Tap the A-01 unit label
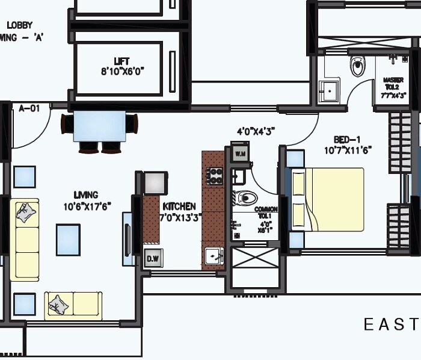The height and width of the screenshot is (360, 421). (29, 108)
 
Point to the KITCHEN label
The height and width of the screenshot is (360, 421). (179, 206)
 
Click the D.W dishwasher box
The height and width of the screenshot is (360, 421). (152, 258)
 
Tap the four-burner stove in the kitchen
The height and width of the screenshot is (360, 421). (215, 176)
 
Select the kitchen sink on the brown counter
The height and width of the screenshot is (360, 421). (213, 256)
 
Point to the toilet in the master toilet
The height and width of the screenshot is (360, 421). (358, 67)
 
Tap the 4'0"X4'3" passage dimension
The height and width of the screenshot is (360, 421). (256, 129)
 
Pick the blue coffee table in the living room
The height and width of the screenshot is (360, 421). (68, 239)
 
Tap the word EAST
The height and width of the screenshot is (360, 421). (390, 325)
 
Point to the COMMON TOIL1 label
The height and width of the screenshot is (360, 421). (265, 212)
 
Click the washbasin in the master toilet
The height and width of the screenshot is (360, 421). (329, 91)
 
